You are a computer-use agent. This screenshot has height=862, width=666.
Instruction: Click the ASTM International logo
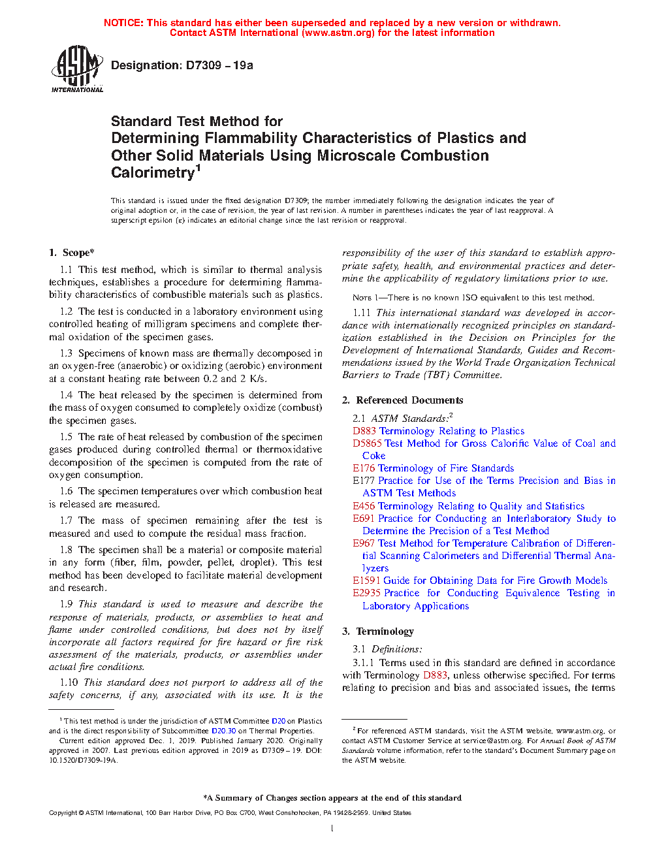77,69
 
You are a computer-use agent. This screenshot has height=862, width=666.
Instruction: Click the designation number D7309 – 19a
182,65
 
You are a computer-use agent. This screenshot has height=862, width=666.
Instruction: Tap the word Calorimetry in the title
153,172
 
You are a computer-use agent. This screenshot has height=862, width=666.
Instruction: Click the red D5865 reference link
367,443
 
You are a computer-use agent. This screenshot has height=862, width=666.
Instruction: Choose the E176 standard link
364,468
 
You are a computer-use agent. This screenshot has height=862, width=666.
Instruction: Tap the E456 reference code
364,506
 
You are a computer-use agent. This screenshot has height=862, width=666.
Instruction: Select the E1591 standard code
366,581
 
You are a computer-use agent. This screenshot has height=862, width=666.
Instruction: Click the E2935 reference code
367,593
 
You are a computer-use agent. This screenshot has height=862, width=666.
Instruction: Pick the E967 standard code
364,543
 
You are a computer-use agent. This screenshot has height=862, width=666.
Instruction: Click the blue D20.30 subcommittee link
223,731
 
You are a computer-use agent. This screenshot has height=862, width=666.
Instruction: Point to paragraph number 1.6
66,491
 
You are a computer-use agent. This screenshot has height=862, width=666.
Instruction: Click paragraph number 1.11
362,313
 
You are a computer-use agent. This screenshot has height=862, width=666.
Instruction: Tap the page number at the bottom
332,829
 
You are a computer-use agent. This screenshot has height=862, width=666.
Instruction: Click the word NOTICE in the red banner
123,23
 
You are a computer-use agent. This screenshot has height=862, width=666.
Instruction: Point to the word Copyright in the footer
63,813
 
